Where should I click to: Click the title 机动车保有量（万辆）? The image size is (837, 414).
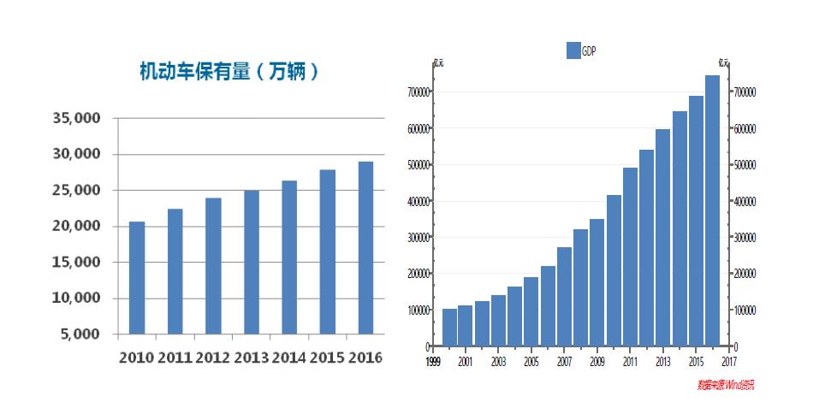click(x=230, y=72)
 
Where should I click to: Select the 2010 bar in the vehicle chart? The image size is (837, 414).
click(x=137, y=277)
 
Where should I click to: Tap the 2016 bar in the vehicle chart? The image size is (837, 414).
click(x=365, y=247)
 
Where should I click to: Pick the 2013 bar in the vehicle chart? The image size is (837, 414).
click(x=252, y=262)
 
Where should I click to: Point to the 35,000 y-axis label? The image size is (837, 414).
click(x=76, y=118)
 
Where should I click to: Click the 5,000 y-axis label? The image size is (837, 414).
click(x=81, y=334)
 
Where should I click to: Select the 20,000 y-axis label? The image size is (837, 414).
click(x=76, y=226)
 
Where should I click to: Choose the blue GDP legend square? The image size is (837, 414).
click(x=573, y=50)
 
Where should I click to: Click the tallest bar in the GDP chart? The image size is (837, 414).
click(x=712, y=210)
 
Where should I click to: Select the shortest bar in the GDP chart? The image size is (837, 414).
click(x=449, y=328)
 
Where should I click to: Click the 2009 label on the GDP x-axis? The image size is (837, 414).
click(x=597, y=362)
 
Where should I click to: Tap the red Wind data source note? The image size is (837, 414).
click(x=726, y=386)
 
